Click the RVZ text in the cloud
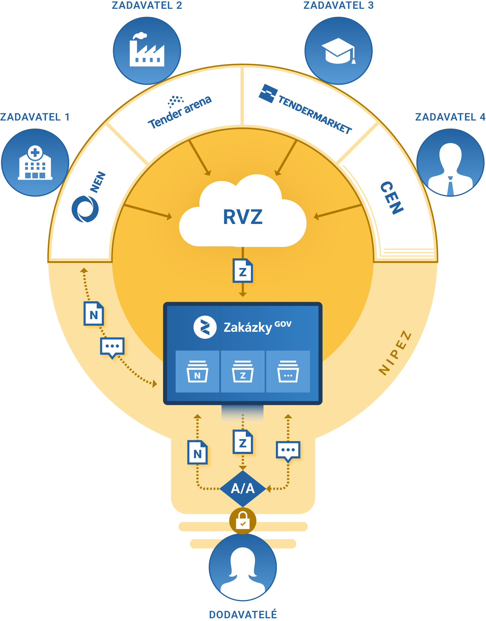(x=242, y=217)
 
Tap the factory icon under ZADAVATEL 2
(x=147, y=51)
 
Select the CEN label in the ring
(x=392, y=198)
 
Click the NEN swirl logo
(x=85, y=209)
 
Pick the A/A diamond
(x=243, y=488)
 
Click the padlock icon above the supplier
(x=243, y=520)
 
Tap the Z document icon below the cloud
(x=243, y=271)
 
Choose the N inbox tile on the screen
(x=197, y=371)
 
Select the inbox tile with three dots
(x=288, y=371)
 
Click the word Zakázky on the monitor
(x=248, y=327)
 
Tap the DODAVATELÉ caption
(x=243, y=614)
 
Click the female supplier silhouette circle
(x=243, y=568)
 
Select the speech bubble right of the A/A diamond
(x=288, y=451)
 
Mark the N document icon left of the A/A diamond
(x=197, y=452)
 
